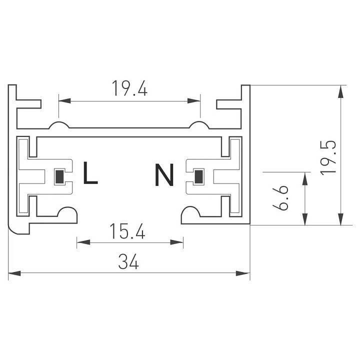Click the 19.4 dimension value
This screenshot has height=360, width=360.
click(129, 88)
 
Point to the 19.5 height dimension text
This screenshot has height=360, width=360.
click(328, 156)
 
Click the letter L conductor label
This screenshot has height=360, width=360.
click(90, 173)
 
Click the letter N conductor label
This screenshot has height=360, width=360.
click(164, 175)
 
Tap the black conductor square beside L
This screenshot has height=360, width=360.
click(59, 176)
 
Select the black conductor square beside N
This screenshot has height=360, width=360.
click(199, 176)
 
